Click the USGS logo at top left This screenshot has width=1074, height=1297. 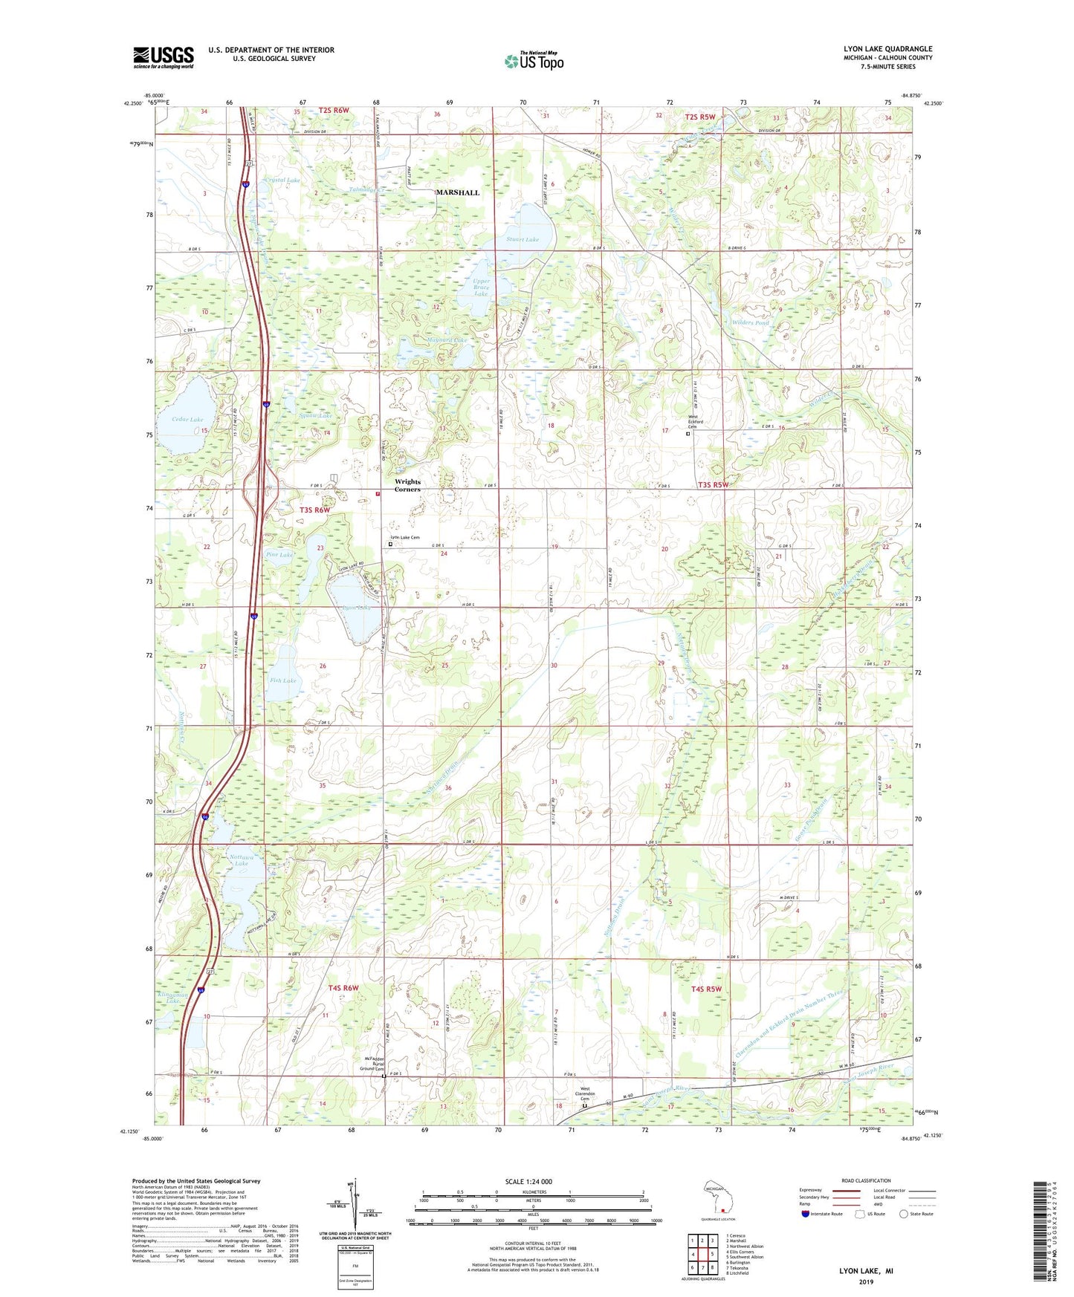164,56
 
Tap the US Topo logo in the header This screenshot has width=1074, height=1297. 534,61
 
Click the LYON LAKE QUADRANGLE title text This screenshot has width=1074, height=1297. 887,49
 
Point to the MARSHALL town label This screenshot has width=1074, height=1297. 457,192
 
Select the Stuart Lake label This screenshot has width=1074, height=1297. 523,240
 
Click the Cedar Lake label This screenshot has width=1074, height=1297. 187,420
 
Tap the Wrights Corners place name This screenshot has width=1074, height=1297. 407,485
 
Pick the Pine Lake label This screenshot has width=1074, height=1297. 279,555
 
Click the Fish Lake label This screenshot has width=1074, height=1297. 283,680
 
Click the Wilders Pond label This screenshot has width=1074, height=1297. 751,323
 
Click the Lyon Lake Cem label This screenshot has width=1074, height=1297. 405,537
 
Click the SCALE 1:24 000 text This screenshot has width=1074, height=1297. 528,1182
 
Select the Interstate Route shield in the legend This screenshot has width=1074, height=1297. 807,1215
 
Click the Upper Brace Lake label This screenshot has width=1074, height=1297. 481,287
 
